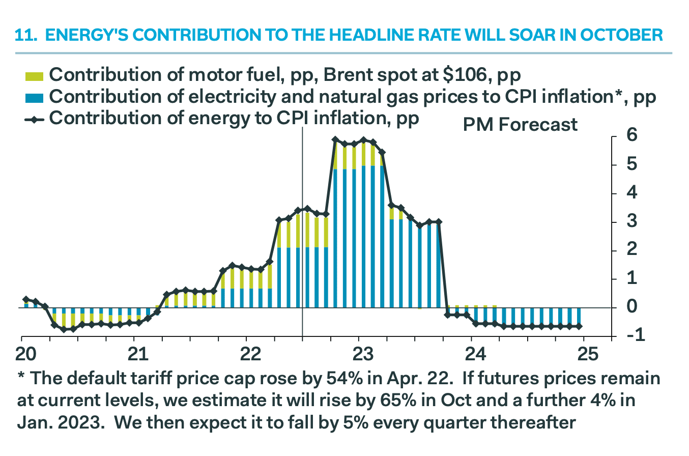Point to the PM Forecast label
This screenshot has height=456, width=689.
pos(520,125)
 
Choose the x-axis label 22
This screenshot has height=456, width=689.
pos(246,353)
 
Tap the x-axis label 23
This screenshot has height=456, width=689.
pos(359,353)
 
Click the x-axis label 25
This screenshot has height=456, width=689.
pos(584,353)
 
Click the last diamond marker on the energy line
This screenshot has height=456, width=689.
pos(579,326)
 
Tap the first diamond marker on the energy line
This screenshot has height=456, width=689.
pos(26,300)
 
